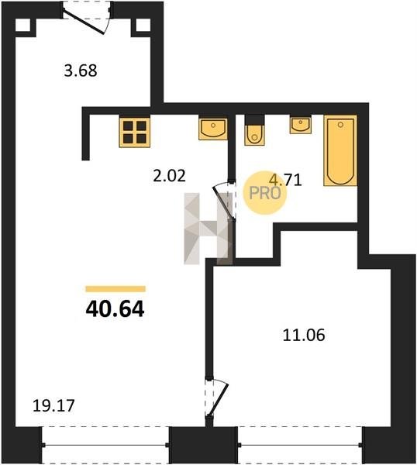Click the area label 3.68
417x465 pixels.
point(81,71)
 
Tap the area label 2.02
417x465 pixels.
point(169,176)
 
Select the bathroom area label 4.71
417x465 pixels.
point(285,180)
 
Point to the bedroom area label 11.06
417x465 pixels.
point(304,336)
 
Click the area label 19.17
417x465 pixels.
point(53,405)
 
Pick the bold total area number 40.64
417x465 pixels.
point(115,309)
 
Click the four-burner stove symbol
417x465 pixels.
point(135,133)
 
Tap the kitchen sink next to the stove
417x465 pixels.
point(213,129)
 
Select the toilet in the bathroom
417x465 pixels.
point(254,130)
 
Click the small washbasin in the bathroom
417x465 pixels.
point(301,125)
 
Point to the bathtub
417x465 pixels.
point(340,150)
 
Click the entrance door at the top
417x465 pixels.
point(87,19)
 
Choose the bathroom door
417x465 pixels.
point(225,201)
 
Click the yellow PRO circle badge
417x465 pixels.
point(264,193)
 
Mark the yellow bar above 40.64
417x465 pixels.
point(115,288)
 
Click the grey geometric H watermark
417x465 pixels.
point(208,229)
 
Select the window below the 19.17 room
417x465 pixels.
point(105,445)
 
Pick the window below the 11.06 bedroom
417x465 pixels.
point(300,445)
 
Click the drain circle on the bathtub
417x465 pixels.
point(340,125)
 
